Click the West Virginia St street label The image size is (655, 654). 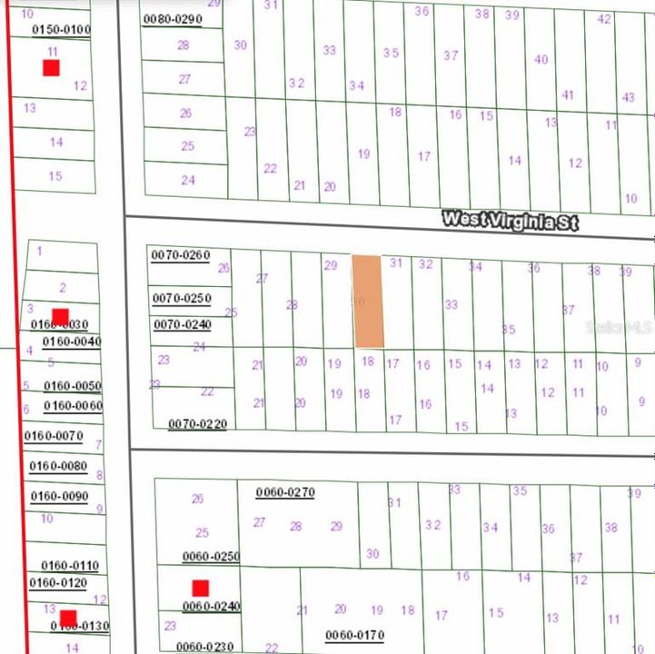click(x=509, y=220)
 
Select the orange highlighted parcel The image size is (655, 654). click(x=367, y=301)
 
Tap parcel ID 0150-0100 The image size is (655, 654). click(x=62, y=30)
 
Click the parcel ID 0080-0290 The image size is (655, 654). click(x=173, y=18)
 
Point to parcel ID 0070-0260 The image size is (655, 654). click(x=180, y=255)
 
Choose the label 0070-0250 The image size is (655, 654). click(x=182, y=298)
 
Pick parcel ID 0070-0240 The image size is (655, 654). click(x=182, y=324)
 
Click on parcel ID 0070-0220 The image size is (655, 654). click(x=197, y=423)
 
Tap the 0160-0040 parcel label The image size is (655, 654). click(x=71, y=342)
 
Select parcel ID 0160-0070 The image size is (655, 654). click(x=55, y=436)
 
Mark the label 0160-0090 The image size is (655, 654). click(x=59, y=496)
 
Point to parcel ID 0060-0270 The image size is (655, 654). click(x=285, y=492)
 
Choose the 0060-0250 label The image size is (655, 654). click(x=211, y=556)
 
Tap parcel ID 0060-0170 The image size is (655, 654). click(x=355, y=634)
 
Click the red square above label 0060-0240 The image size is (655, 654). click(x=200, y=588)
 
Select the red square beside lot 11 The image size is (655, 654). click(x=51, y=67)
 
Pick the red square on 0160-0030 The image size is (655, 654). click(x=60, y=317)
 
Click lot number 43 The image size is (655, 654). click(x=628, y=97)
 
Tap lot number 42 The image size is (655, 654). click(x=604, y=19)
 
